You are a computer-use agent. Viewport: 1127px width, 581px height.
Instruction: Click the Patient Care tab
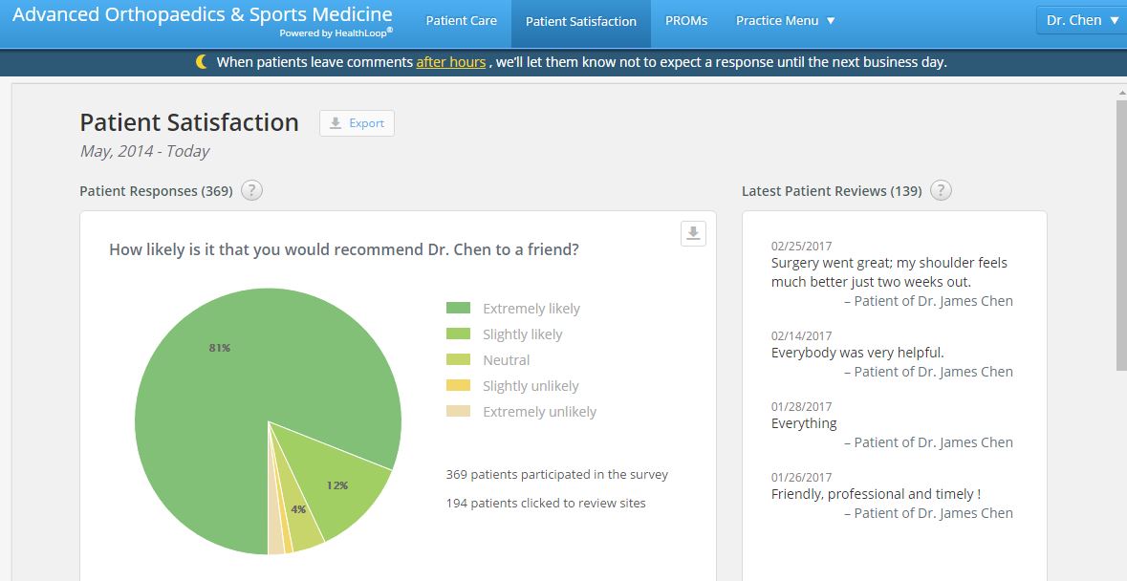[461, 21]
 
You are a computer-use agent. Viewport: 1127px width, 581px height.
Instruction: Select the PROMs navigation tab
[686, 21]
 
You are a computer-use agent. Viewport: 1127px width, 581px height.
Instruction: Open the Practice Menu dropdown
[785, 21]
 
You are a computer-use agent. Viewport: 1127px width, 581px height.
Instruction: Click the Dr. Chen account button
[1080, 20]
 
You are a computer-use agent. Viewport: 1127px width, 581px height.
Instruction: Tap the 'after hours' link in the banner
[451, 62]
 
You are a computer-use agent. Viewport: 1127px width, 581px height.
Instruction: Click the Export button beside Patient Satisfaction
[357, 123]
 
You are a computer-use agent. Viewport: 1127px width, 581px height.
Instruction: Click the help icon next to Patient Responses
[251, 191]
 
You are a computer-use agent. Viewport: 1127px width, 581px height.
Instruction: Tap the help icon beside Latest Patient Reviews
[941, 191]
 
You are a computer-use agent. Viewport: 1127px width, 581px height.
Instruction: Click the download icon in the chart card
[693, 233]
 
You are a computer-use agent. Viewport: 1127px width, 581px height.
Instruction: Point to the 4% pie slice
[303, 521]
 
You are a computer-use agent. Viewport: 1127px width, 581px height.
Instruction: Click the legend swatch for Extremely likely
[459, 309]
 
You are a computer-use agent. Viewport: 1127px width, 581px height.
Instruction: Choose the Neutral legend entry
[506, 360]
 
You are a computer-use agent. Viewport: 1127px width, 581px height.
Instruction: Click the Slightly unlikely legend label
[531, 386]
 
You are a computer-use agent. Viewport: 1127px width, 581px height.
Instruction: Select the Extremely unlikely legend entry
[539, 412]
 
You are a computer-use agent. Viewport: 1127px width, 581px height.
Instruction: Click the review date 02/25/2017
[801, 247]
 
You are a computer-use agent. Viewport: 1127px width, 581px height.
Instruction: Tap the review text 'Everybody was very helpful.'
[857, 353]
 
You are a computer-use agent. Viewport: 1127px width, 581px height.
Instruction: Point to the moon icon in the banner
[201, 62]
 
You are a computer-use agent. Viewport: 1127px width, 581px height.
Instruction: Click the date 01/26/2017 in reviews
[801, 478]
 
